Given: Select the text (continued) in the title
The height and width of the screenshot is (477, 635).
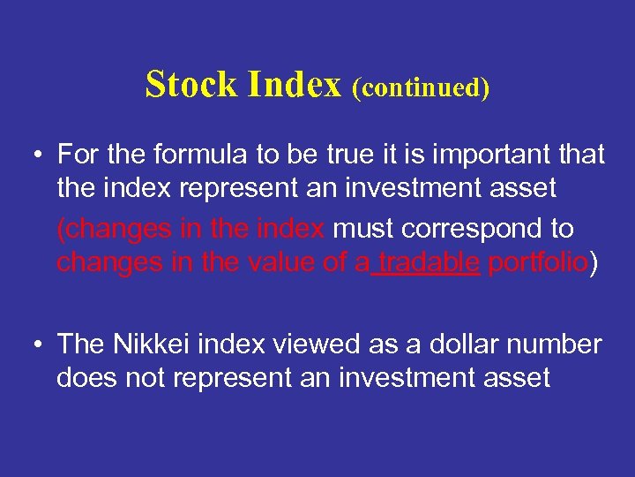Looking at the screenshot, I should (421, 87).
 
